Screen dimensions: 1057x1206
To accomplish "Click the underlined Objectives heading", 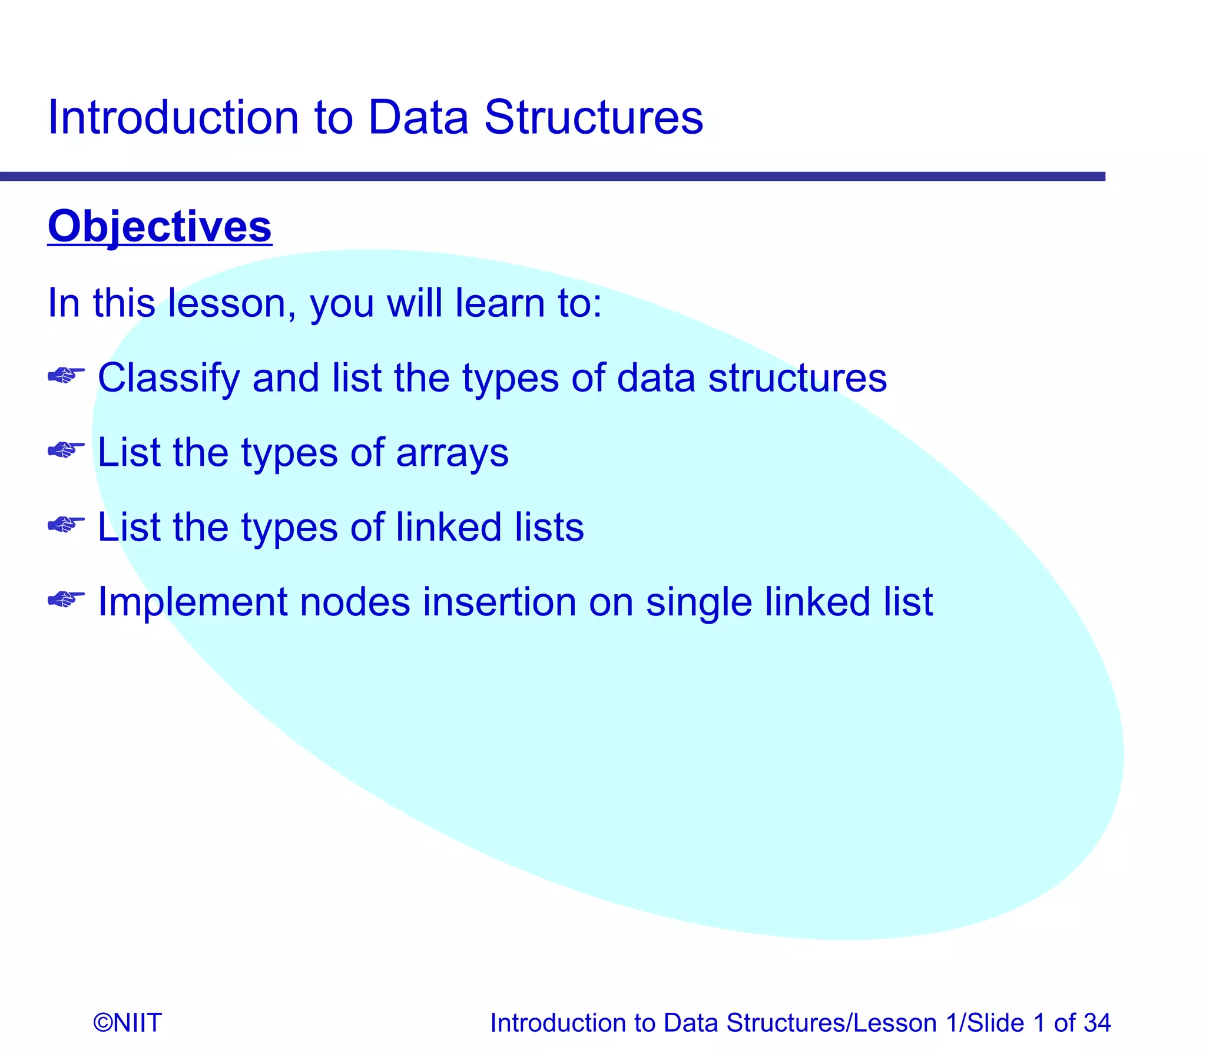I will point(159,227).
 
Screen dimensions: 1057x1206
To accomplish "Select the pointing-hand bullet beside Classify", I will point(65,375).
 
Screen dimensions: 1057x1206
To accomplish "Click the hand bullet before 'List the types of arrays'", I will point(65,450).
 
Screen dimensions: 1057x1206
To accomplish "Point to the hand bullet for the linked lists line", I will point(65,524).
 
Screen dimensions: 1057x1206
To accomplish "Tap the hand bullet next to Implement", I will point(65,599).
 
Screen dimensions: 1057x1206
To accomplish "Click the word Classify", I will point(168,378).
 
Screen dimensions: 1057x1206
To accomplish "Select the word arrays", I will point(452,453).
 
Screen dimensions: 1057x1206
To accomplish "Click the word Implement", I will point(191,602).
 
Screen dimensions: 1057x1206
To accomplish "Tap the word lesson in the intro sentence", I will point(231,303).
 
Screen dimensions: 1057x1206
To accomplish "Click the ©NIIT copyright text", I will point(127,1023).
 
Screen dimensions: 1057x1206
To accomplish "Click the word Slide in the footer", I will point(995,1023).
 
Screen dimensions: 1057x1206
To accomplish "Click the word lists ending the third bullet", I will point(548,527).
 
